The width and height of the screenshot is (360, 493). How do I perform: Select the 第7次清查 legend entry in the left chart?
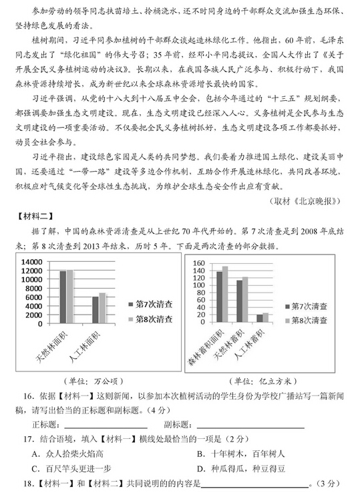150,304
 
